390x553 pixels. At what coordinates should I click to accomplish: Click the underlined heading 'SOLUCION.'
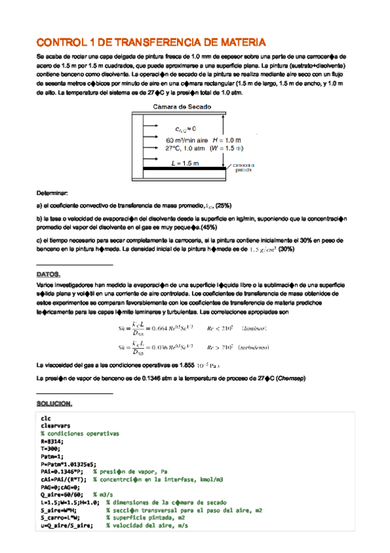55,404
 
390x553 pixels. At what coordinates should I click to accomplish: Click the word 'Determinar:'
52,193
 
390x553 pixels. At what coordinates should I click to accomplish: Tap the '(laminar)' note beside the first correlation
255,328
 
